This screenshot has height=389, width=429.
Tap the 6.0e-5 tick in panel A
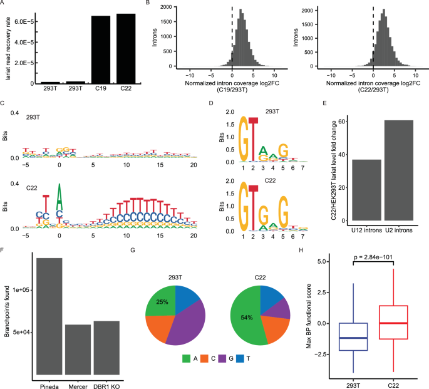point(25,21)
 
